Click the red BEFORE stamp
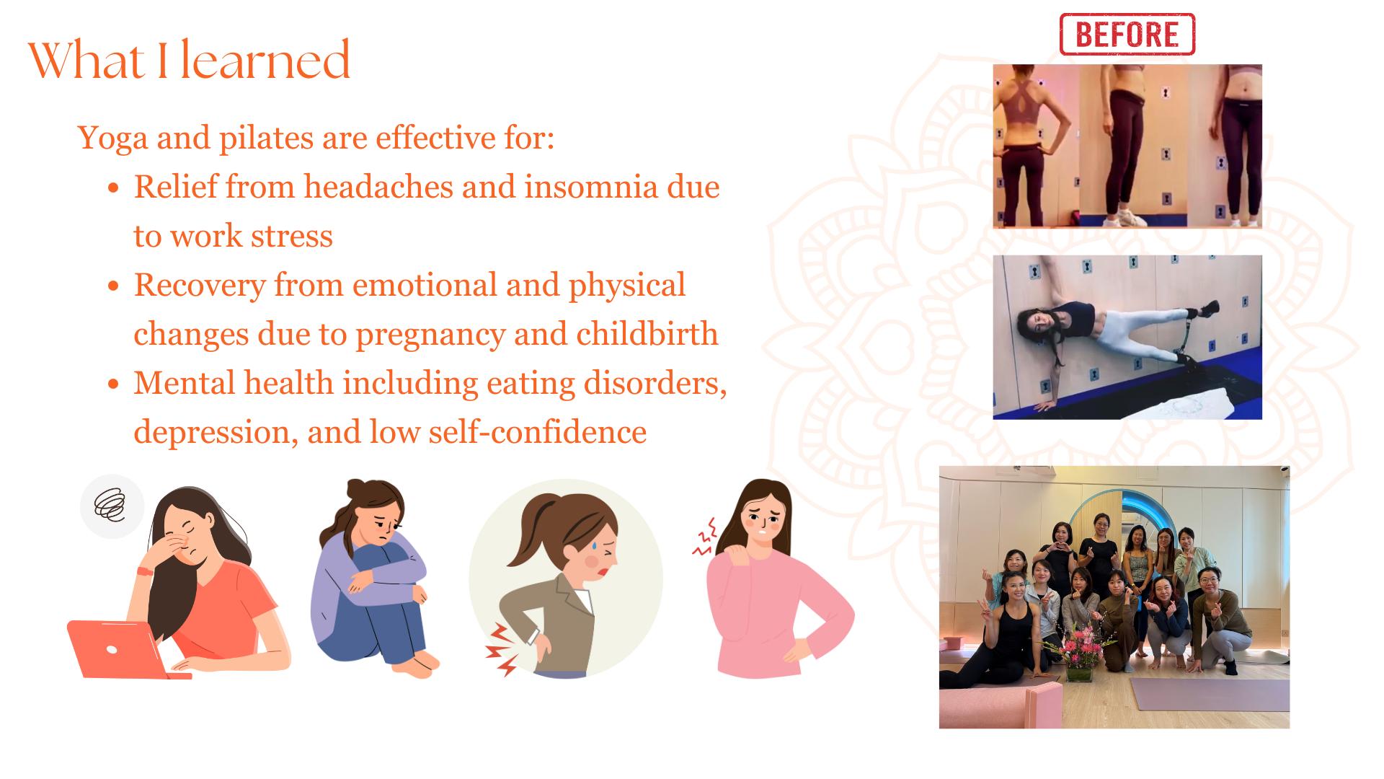coord(1127,34)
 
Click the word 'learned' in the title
coord(265,60)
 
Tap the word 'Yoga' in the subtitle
coord(113,137)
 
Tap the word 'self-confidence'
coord(537,431)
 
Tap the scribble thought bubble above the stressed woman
coord(112,506)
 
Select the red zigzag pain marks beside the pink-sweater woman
coord(704,537)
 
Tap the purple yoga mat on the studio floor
coord(1209,695)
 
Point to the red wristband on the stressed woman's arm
coord(145,571)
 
